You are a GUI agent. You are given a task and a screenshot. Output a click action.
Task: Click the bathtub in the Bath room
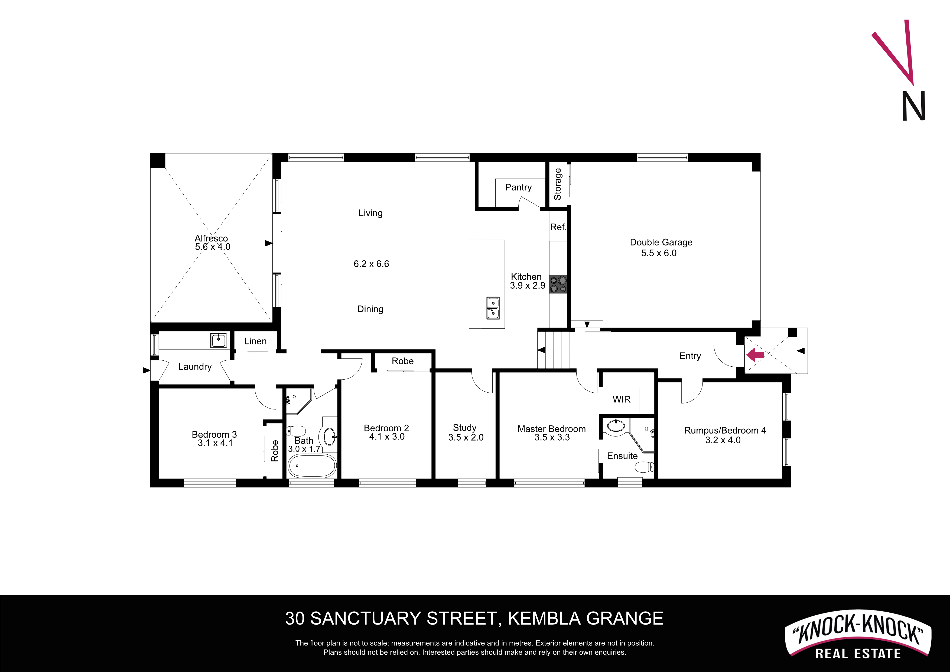click(312, 466)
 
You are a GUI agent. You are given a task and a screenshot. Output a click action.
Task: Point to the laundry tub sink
click(219, 340)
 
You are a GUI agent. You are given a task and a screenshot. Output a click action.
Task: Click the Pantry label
click(518, 187)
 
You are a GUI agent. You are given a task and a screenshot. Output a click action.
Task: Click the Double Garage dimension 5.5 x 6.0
click(659, 253)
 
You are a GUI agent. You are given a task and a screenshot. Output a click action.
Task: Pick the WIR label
click(622, 399)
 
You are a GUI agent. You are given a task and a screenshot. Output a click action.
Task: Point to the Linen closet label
click(255, 341)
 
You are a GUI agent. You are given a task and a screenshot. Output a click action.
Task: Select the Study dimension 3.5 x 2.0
click(466, 437)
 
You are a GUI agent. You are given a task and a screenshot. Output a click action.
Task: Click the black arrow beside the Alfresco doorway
click(269, 243)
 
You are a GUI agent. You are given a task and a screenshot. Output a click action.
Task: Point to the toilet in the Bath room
click(296, 431)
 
